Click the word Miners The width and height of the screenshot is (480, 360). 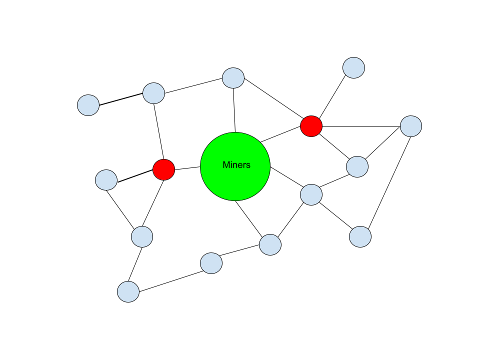click(236, 165)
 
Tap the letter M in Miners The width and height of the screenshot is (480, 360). click(226, 165)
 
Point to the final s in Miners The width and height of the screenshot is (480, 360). click(248, 165)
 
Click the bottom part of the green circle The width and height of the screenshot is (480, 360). click(235, 192)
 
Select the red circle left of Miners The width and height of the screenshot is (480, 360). click(163, 169)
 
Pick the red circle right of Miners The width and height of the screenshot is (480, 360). click(311, 126)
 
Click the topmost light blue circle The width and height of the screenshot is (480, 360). click(353, 67)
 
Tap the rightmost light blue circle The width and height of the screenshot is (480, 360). click(411, 126)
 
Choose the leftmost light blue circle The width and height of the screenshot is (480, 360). click(88, 105)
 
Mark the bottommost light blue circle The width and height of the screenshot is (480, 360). click(128, 291)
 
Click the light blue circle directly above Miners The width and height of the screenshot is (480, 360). click(233, 78)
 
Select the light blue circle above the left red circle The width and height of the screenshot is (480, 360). click(153, 93)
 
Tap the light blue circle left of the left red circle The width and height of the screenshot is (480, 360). click(106, 180)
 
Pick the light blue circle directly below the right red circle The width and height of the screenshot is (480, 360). click(311, 194)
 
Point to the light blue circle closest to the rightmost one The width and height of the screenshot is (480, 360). click(357, 166)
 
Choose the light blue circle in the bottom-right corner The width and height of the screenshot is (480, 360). click(360, 236)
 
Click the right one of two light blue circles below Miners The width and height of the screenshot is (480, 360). click(270, 244)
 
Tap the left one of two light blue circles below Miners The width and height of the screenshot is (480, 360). click(211, 263)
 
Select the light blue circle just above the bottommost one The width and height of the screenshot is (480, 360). click(142, 236)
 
